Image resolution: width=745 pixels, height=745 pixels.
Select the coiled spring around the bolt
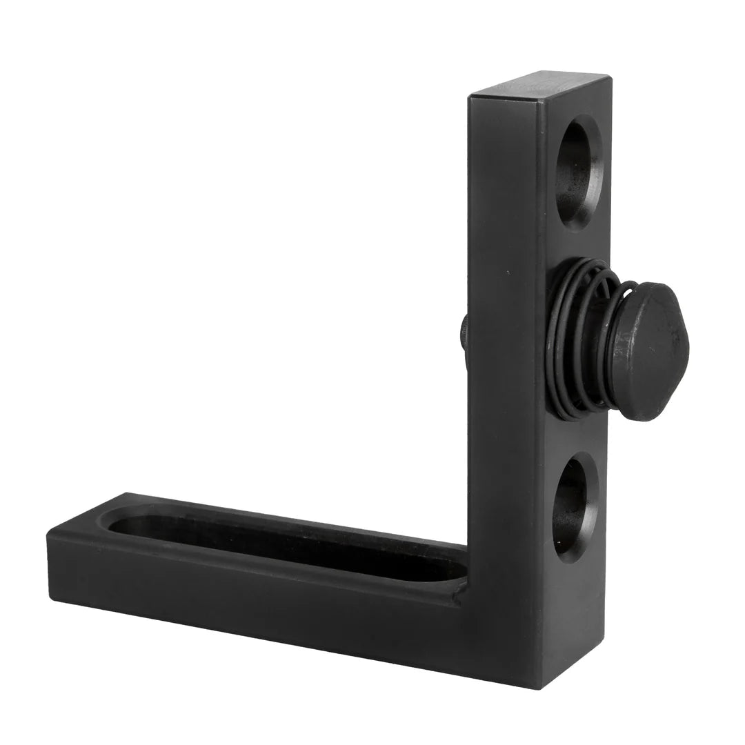(583, 338)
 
